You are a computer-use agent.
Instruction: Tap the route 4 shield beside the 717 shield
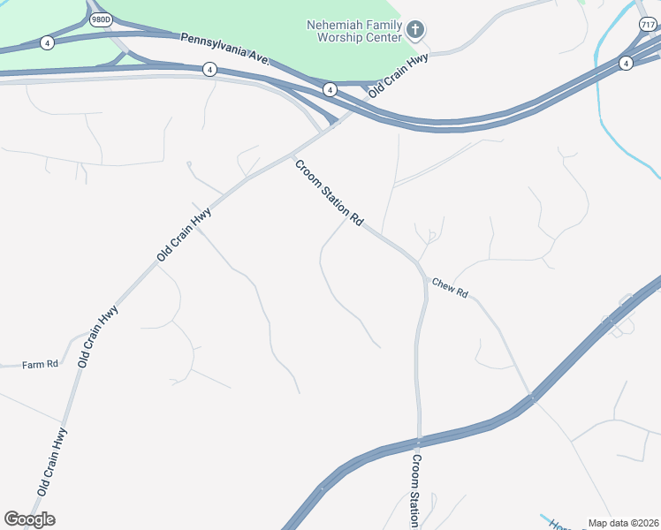(x=626, y=63)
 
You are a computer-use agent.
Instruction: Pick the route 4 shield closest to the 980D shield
(x=47, y=42)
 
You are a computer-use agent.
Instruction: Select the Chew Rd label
(x=450, y=287)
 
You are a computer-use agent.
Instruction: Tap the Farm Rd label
(x=40, y=363)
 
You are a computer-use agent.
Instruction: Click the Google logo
(x=29, y=519)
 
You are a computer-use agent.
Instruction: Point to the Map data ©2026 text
(x=623, y=523)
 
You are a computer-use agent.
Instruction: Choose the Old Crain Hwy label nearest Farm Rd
(x=97, y=337)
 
